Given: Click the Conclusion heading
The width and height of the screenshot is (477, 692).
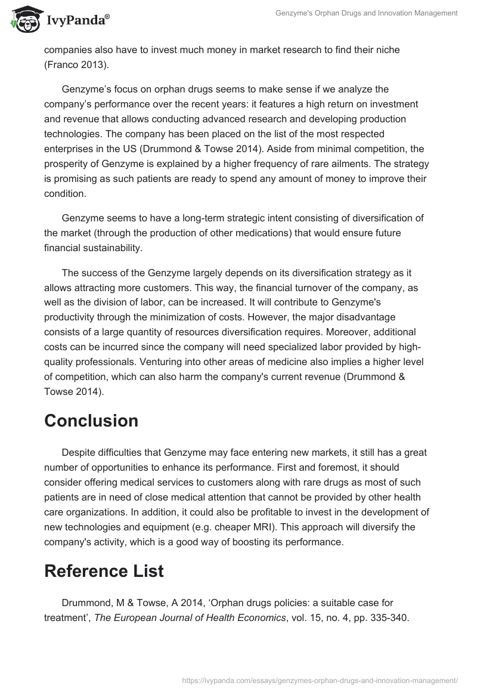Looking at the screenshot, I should coord(91,421).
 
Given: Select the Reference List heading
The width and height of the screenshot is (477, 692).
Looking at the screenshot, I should coord(104,571).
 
